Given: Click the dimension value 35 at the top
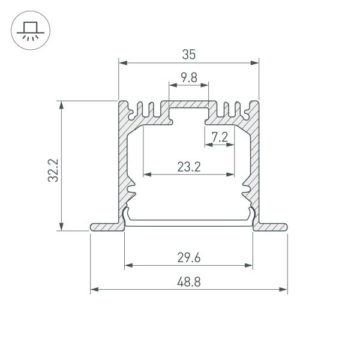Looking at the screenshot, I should [x=189, y=55].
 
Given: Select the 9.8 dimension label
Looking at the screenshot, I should [x=188, y=77].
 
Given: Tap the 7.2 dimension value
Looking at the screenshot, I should [x=220, y=137].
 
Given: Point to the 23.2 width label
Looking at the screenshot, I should [x=188, y=167].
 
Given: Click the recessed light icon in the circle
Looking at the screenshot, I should [x=28, y=30].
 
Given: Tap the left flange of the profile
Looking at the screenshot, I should [x=106, y=227].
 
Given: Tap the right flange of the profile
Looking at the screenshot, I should [x=271, y=227].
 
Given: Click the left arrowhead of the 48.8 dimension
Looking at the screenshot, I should [x=94, y=290].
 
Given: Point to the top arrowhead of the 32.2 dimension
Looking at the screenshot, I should [x=61, y=104].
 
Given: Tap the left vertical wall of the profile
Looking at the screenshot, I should [x=124, y=162].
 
